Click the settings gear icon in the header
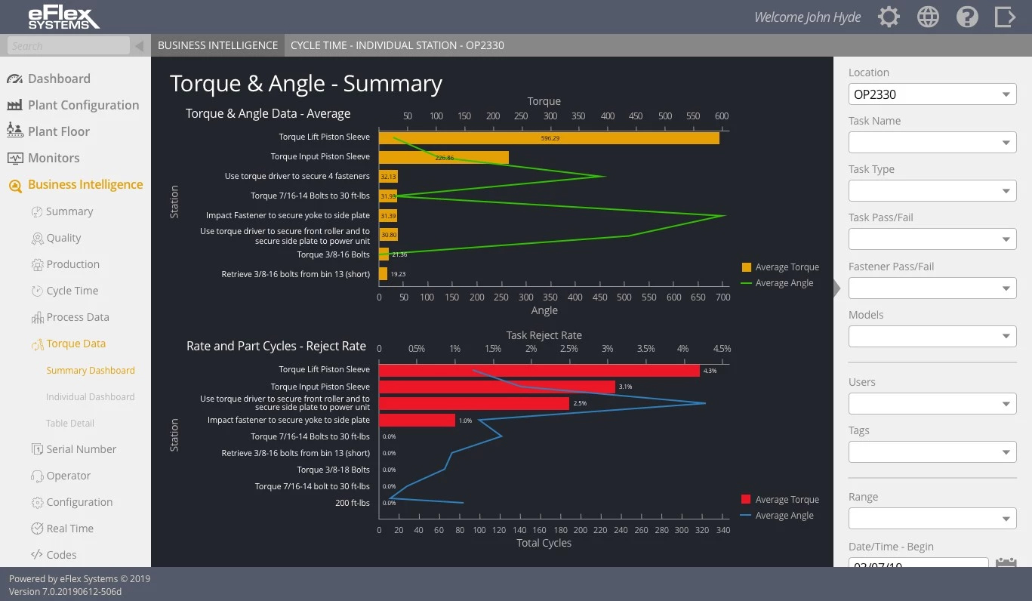point(889,17)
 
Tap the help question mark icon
point(967,17)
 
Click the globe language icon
point(928,17)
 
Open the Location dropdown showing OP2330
point(932,94)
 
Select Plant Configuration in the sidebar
point(83,105)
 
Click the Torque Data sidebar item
point(75,344)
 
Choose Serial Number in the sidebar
point(81,449)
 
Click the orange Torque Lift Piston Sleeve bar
point(548,138)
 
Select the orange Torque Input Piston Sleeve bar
point(443,158)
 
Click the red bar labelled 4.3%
point(539,371)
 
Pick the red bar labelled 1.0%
point(417,420)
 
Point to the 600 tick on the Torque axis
point(722,116)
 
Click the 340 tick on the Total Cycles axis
point(722,530)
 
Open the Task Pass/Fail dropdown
point(932,239)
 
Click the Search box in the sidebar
point(69,46)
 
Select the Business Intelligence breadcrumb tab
point(217,45)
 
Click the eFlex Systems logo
point(63,17)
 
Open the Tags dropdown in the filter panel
point(932,452)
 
